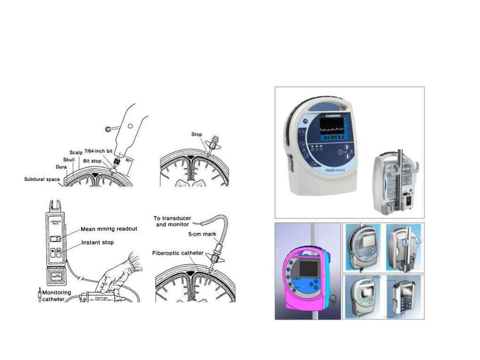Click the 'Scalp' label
coord(76,153)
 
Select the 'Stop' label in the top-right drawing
coord(196,134)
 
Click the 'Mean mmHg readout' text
coord(109,229)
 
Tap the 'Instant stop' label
coord(97,243)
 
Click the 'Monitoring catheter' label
coord(56,295)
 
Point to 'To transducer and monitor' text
coord(172,221)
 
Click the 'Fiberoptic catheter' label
coord(178,253)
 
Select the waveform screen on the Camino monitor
coord(331,127)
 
